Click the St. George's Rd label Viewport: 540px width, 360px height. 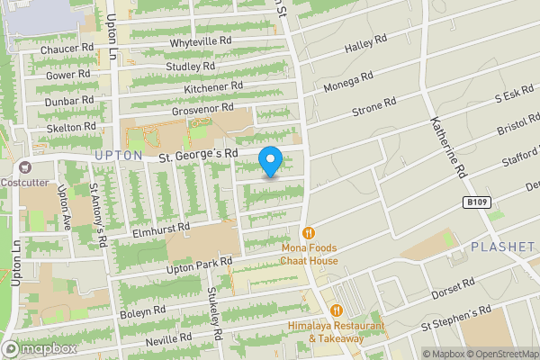tap(198, 155)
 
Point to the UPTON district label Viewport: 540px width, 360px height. tap(118, 155)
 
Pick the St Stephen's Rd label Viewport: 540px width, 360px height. tap(456, 319)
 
